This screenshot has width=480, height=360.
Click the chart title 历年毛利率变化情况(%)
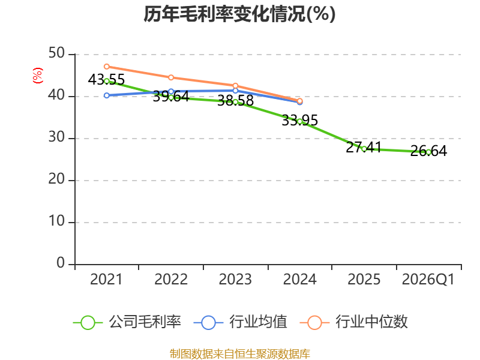239,14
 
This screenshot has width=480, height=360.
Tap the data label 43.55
106,80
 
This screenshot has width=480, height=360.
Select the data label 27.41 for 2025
364,147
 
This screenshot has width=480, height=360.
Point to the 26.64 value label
428,151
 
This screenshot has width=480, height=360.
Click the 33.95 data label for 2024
299,121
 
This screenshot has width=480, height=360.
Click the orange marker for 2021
107,67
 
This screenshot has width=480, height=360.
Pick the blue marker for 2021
107,95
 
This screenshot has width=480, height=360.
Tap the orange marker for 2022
171,77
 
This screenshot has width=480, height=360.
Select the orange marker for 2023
235,86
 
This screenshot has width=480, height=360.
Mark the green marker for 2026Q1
428,152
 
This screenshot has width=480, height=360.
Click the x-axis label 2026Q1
428,280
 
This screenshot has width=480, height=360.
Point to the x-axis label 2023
235,280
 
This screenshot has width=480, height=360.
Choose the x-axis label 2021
106,280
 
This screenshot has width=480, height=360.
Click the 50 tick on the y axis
56,53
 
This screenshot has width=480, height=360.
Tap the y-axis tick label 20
56,179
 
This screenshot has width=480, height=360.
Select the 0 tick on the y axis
61,263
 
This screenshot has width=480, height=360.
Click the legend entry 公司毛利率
127,322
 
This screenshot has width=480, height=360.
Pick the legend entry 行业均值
241,322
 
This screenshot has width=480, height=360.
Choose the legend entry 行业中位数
353,322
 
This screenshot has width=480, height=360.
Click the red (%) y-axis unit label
38,76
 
